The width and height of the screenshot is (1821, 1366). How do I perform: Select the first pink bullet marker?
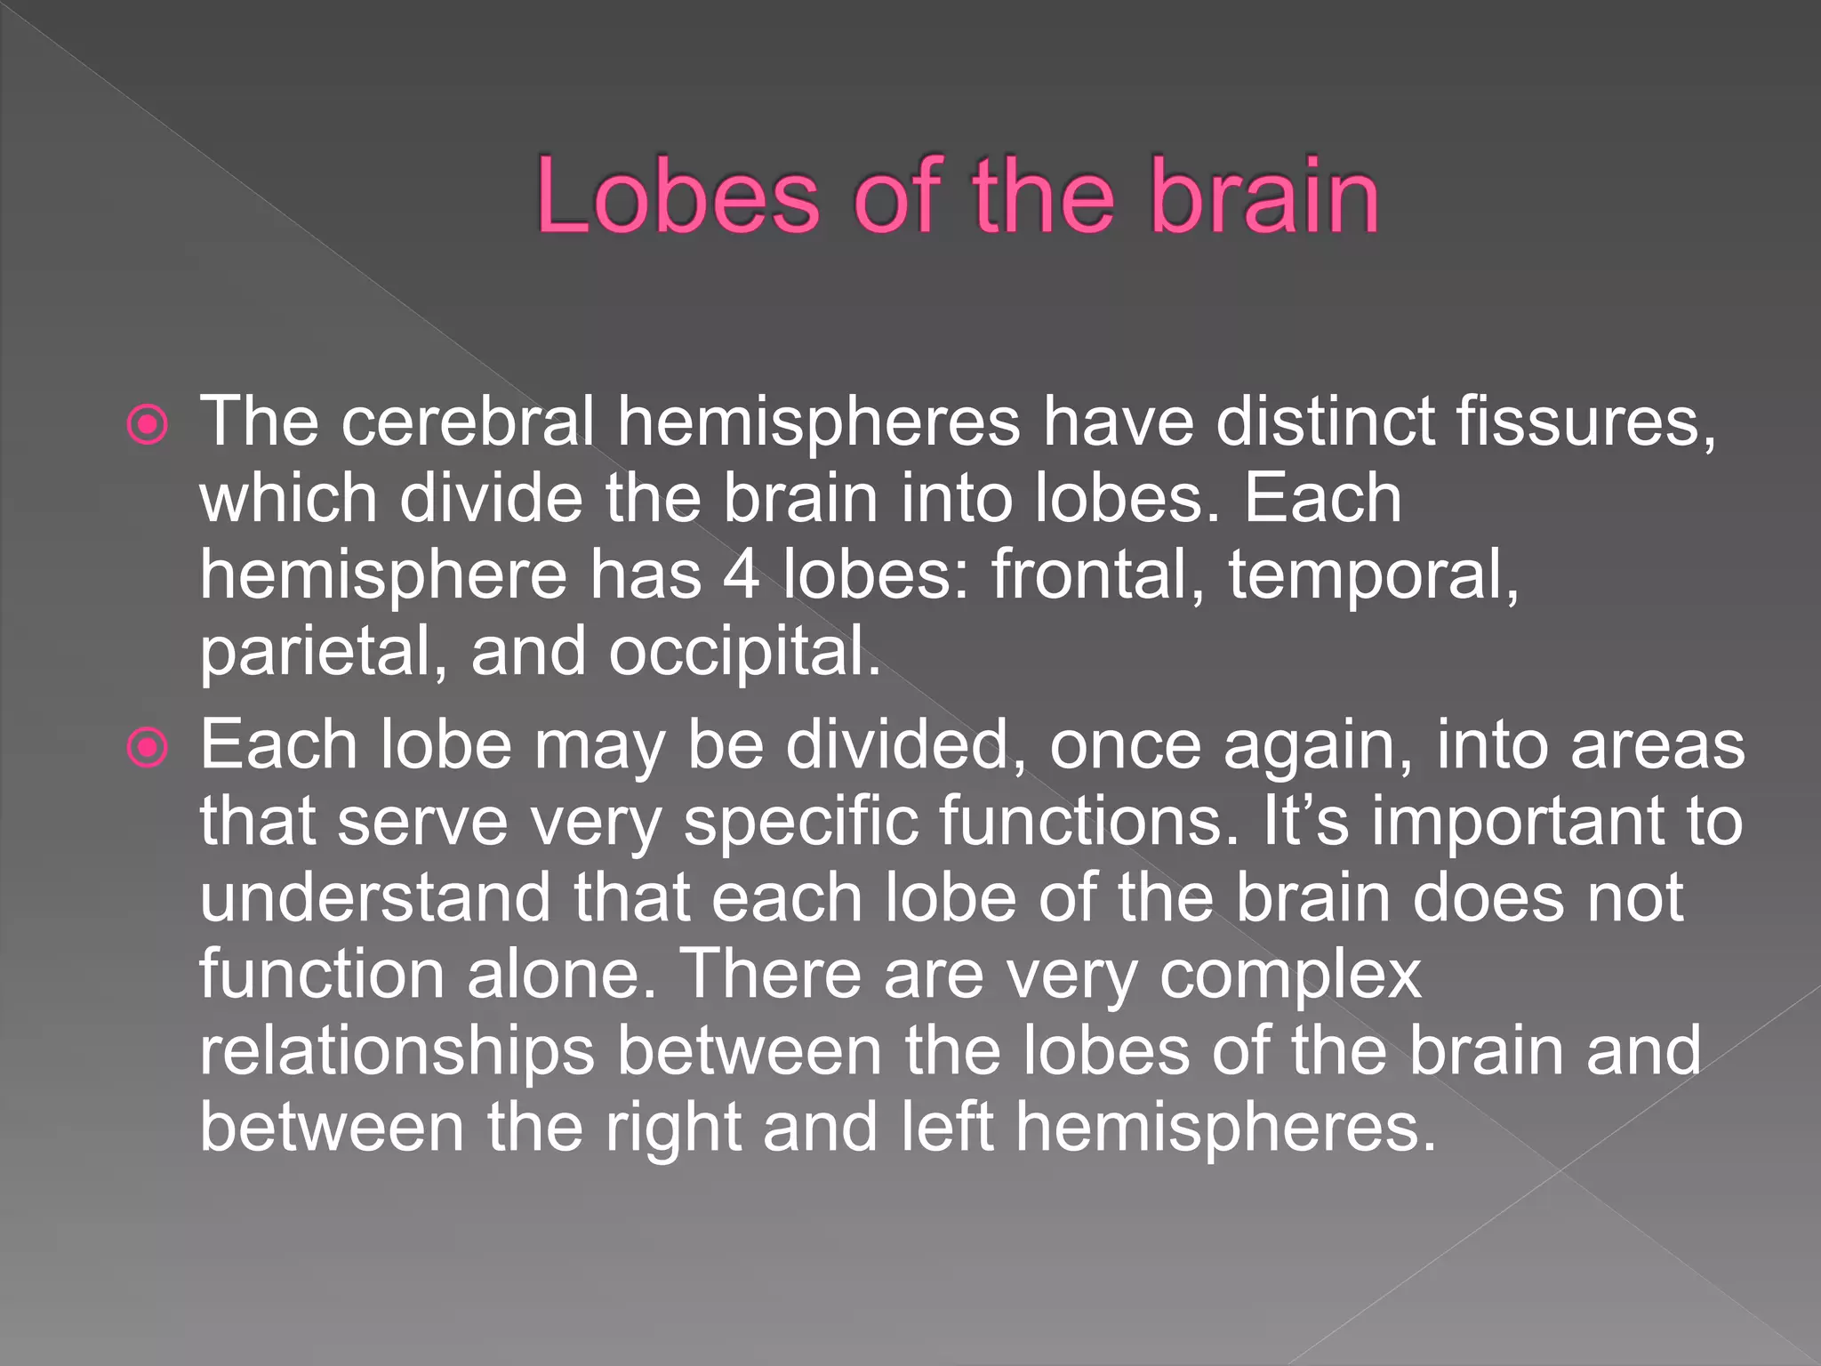[148, 425]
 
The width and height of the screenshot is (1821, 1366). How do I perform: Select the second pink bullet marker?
[148, 748]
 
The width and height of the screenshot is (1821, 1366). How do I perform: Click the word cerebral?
[468, 421]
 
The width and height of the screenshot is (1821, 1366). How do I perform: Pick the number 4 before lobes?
[741, 575]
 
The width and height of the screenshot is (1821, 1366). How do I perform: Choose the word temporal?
[1373, 575]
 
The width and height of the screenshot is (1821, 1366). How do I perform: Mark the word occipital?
[744, 652]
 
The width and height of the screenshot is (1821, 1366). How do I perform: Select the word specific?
[800, 821]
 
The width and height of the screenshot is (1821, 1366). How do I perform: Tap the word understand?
[374, 897]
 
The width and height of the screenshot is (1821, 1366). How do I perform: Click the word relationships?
[397, 1051]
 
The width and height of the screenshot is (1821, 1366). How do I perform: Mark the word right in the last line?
[673, 1128]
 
